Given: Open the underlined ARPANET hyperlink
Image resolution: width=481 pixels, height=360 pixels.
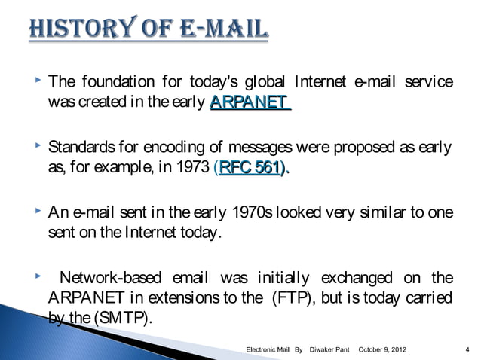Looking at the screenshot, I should click(250, 102).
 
